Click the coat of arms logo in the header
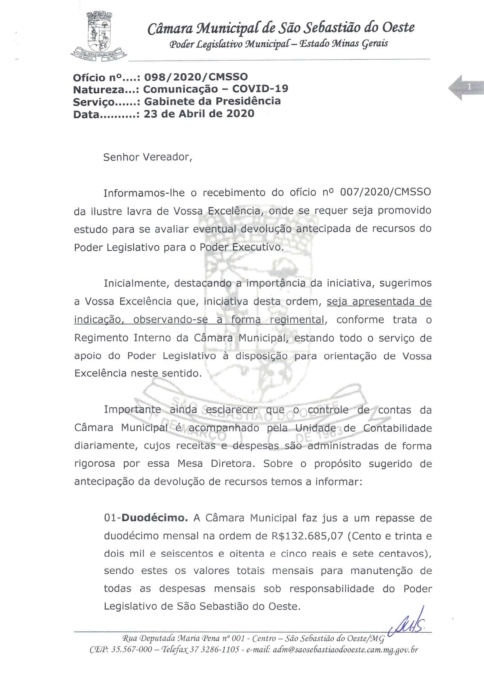tap(99, 36)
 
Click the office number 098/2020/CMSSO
tap(196, 77)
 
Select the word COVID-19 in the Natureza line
tap(260, 89)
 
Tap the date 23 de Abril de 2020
tap(199, 114)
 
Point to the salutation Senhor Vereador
tap(148, 157)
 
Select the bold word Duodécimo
tap(155, 518)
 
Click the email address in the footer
tap(345, 650)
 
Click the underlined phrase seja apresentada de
tap(379, 301)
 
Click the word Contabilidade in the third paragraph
tap(397, 428)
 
